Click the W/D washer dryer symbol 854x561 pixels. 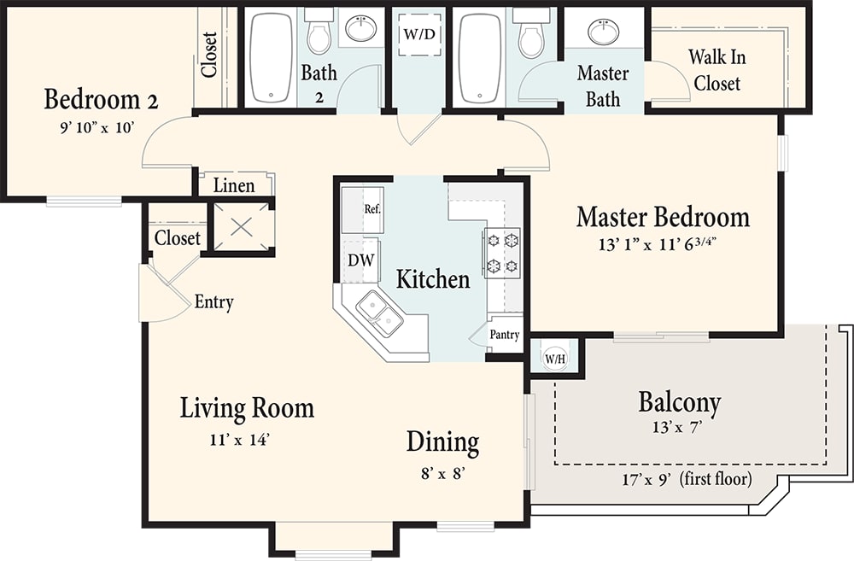(x=419, y=34)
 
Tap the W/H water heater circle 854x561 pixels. (x=555, y=358)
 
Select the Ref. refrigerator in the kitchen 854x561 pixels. (x=363, y=210)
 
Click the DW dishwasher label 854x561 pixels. (x=361, y=260)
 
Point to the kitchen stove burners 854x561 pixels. (x=501, y=253)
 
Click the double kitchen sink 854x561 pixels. (x=379, y=313)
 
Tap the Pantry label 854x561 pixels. (x=505, y=335)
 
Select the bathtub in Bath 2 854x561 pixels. (x=272, y=57)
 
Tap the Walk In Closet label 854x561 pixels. (x=717, y=70)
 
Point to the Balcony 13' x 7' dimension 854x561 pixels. (x=676, y=427)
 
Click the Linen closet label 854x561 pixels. (x=234, y=186)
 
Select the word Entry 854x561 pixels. (x=214, y=302)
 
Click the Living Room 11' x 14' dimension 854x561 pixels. (x=240, y=440)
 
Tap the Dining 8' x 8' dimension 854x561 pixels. (x=442, y=473)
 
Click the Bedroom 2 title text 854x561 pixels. (x=101, y=100)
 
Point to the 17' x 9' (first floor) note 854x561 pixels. (x=687, y=479)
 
